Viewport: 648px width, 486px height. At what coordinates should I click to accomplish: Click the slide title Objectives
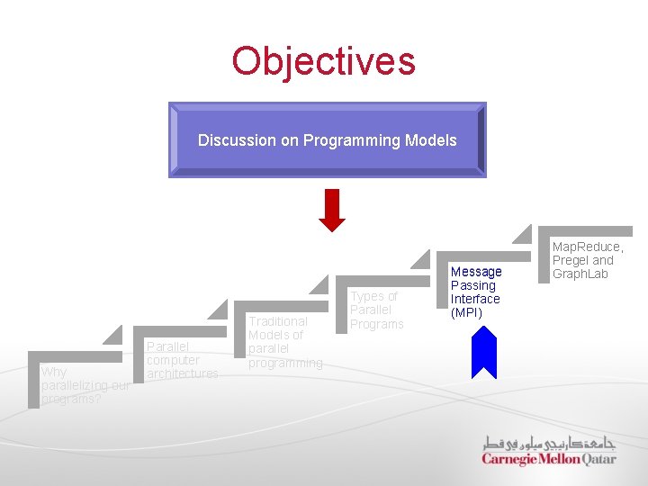pos(323,61)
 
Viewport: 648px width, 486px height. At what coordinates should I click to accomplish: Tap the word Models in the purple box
pos(430,140)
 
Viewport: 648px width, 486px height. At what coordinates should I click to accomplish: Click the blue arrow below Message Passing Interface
pos(484,352)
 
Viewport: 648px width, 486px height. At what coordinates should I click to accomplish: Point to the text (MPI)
pos(466,313)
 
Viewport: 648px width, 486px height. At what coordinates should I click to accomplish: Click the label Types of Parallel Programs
pos(376,310)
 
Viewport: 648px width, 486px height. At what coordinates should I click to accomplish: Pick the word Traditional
pos(277,321)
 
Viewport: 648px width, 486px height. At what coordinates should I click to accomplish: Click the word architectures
pos(183,373)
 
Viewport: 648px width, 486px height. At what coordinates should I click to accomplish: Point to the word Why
pos(54,372)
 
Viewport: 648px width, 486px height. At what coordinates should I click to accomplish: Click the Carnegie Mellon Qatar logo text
pos(548,459)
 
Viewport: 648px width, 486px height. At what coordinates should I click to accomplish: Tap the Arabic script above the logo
pos(549,442)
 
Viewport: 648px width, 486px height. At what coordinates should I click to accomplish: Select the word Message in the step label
pos(476,272)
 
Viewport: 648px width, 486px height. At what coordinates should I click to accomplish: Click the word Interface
pos(475,299)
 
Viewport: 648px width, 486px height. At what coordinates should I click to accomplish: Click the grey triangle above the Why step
pos(112,335)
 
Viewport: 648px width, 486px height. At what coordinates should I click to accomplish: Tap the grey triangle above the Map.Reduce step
pos(521,234)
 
